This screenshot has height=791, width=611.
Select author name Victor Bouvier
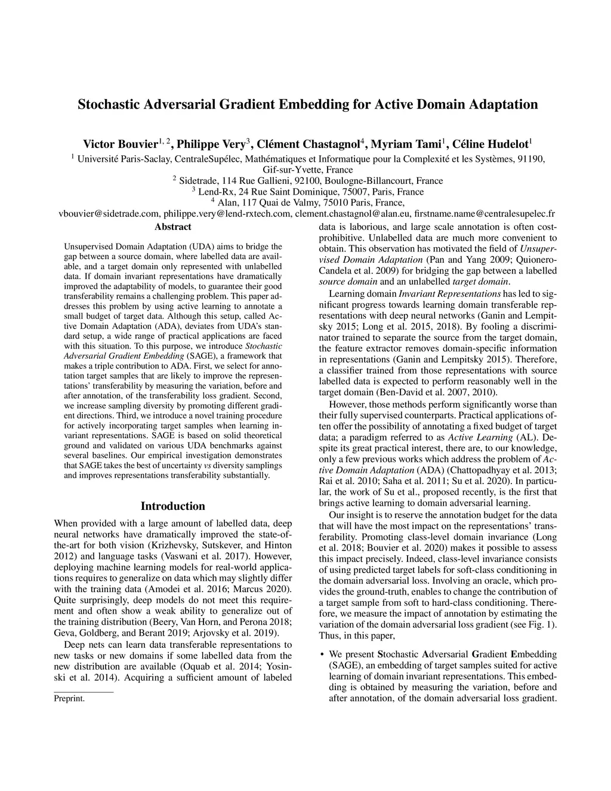120,144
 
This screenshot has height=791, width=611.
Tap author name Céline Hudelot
490,144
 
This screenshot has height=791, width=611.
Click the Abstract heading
172,227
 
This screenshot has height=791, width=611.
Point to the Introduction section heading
172,506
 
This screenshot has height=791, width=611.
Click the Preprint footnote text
69,698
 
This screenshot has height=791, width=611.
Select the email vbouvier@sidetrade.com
109,214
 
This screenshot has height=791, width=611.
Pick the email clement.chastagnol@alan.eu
353,214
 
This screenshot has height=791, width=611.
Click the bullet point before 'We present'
322,654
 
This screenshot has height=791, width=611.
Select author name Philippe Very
212,144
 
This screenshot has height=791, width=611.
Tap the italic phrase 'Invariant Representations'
450,294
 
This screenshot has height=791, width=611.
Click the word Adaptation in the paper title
501,105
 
